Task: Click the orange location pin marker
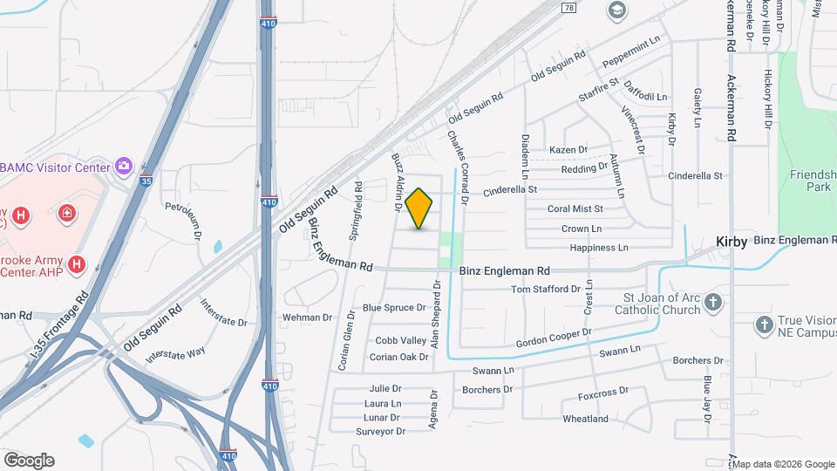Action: [419, 208]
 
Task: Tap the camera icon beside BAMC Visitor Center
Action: [124, 166]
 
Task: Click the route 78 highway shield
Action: [569, 8]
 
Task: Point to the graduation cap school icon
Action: [617, 10]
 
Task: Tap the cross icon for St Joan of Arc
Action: [713, 303]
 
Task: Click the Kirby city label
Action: [731, 242]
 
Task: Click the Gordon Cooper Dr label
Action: [554, 338]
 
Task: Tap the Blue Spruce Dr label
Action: [393, 308]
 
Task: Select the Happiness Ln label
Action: [598, 248]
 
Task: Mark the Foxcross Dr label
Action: [602, 396]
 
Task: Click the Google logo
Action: [29, 460]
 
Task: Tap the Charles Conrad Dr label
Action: [458, 167]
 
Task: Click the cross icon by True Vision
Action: [764, 324]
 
